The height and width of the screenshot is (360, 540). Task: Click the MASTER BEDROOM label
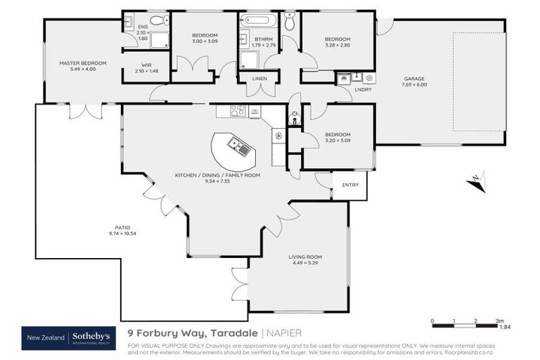click(x=83, y=63)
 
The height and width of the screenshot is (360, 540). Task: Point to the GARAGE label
click(x=414, y=79)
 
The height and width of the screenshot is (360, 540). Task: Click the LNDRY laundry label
click(x=364, y=89)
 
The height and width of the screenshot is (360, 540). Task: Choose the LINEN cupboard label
click(x=259, y=79)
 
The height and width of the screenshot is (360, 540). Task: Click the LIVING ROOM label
click(x=305, y=257)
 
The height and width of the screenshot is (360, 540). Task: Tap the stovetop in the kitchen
click(x=238, y=110)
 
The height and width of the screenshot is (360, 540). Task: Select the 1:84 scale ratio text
click(x=504, y=327)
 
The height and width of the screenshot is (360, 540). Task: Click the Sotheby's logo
click(x=91, y=338)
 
